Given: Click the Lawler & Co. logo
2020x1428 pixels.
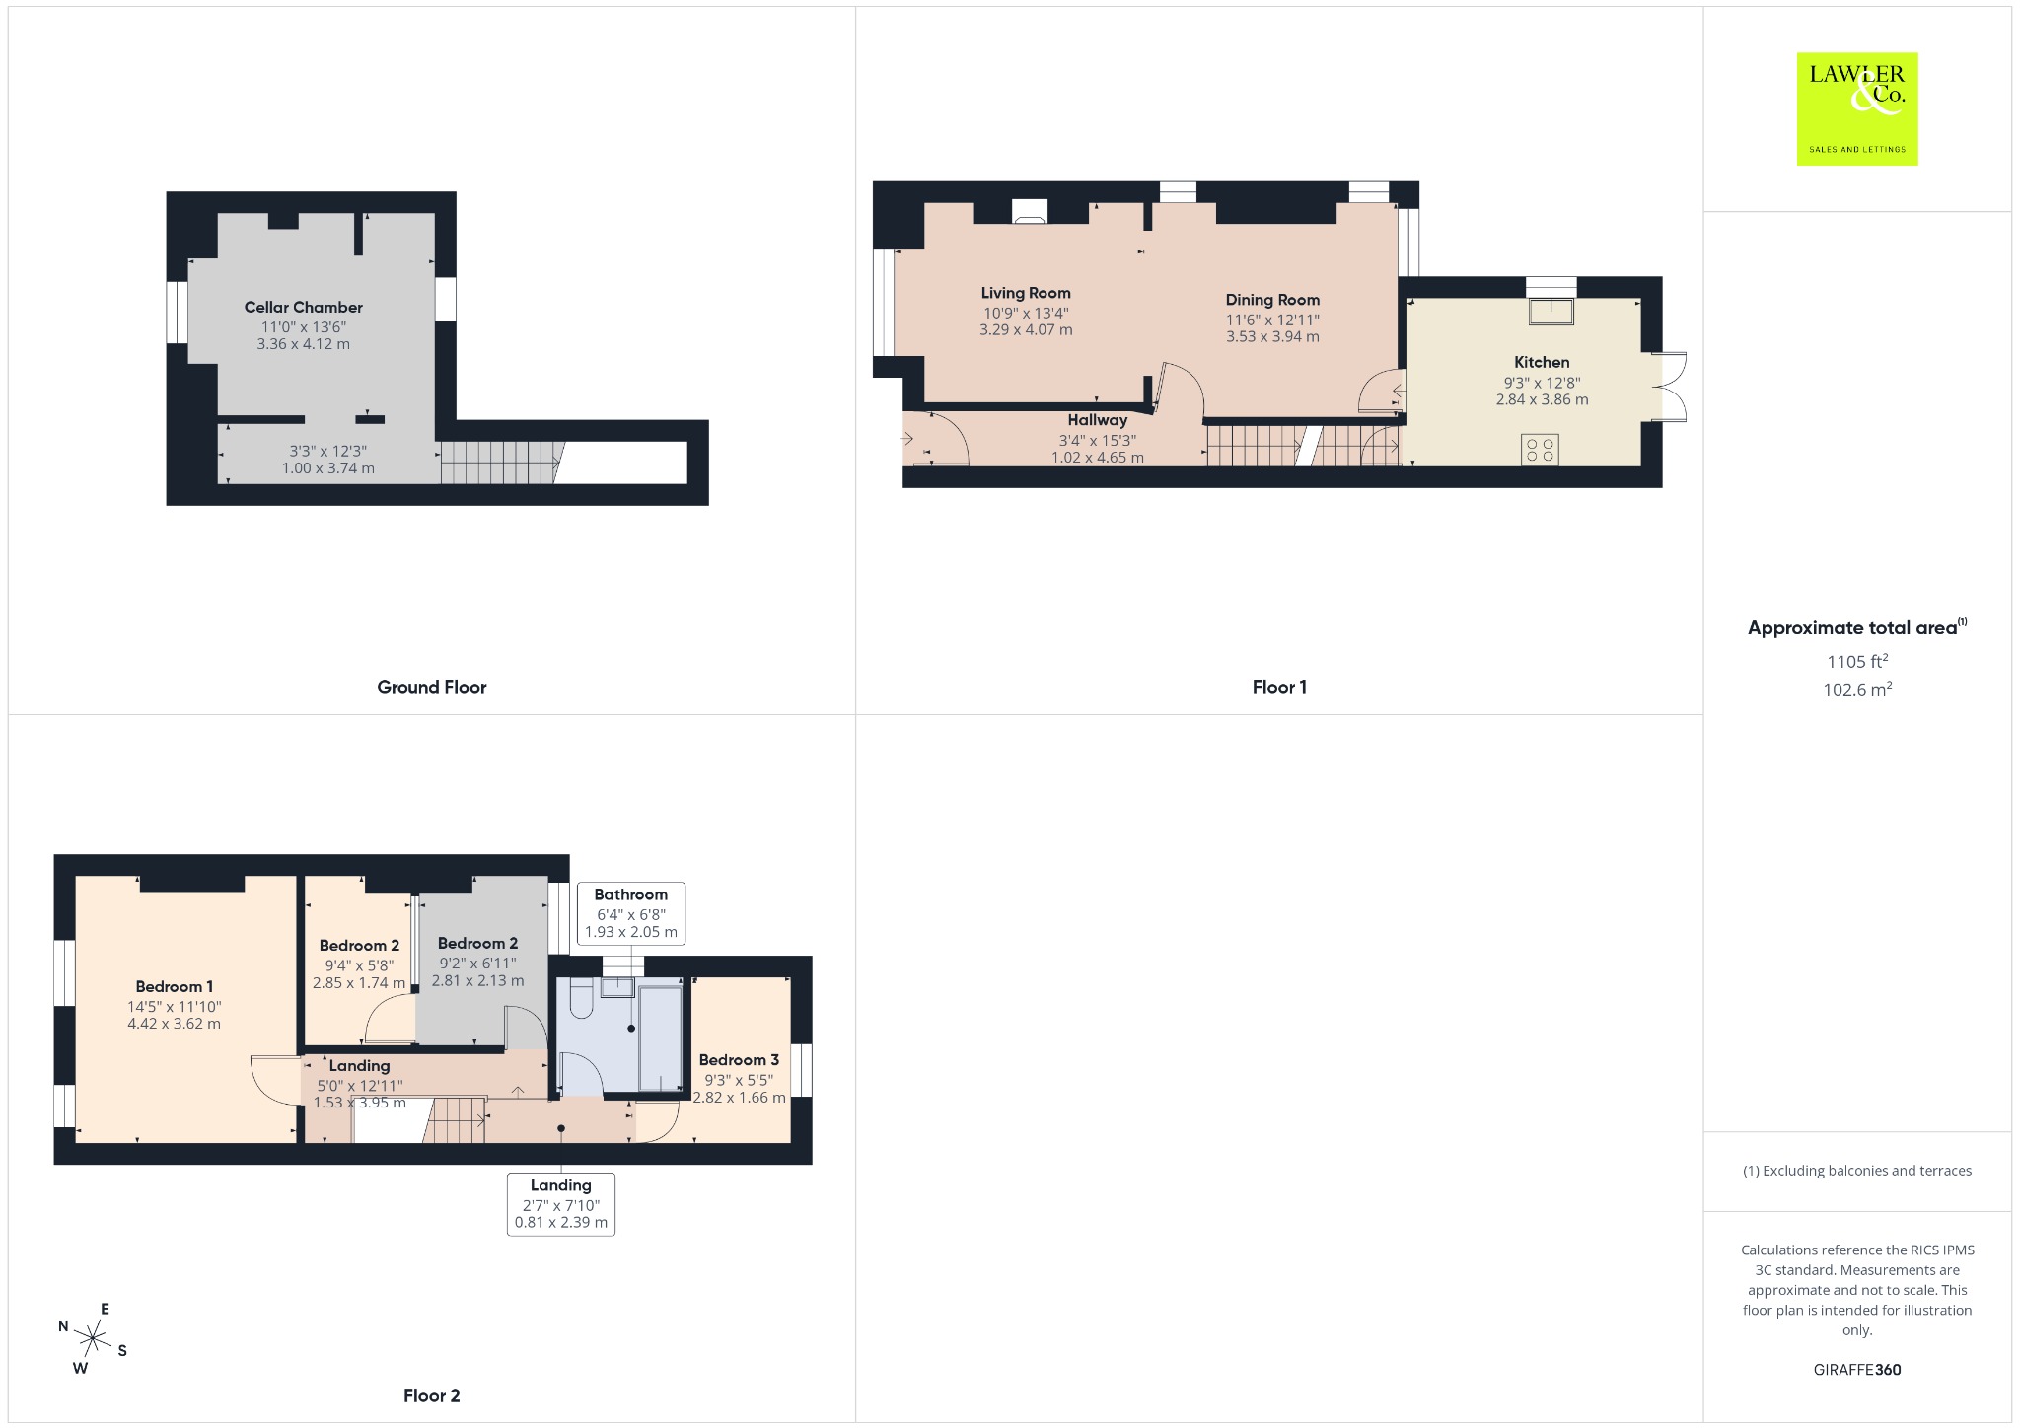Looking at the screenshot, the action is [x=1856, y=108].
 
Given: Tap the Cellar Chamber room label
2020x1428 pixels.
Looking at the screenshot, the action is [x=304, y=307].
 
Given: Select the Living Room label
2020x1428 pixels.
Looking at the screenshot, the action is [x=1026, y=293].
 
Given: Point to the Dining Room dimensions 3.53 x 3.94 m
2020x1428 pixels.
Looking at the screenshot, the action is [x=1272, y=336].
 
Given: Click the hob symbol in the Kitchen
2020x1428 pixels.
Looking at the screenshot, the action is [x=1540, y=450].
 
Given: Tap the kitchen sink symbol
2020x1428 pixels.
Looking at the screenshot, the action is [x=1551, y=311].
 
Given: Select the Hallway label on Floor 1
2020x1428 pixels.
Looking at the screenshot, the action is [x=1097, y=420].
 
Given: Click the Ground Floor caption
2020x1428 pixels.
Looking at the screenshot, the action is [x=432, y=687].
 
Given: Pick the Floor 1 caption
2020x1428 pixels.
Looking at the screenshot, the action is [x=1279, y=687].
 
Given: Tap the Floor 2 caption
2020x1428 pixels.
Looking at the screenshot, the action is [x=432, y=1395].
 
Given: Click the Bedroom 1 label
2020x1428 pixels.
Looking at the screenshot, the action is [x=175, y=986].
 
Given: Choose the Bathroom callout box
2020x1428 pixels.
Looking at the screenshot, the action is [x=631, y=913].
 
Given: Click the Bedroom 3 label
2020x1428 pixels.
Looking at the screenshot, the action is [x=739, y=1060].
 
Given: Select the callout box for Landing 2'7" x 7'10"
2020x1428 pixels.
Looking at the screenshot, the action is [x=561, y=1204].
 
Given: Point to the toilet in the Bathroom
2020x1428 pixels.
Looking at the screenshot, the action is [x=580, y=1000].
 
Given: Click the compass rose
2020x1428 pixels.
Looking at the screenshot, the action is [x=94, y=1338].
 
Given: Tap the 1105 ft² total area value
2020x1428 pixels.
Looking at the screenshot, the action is [x=1857, y=661].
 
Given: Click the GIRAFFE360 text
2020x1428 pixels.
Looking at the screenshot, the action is [x=1857, y=1369].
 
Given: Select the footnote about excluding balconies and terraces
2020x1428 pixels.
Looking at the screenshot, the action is [x=1857, y=1171].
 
